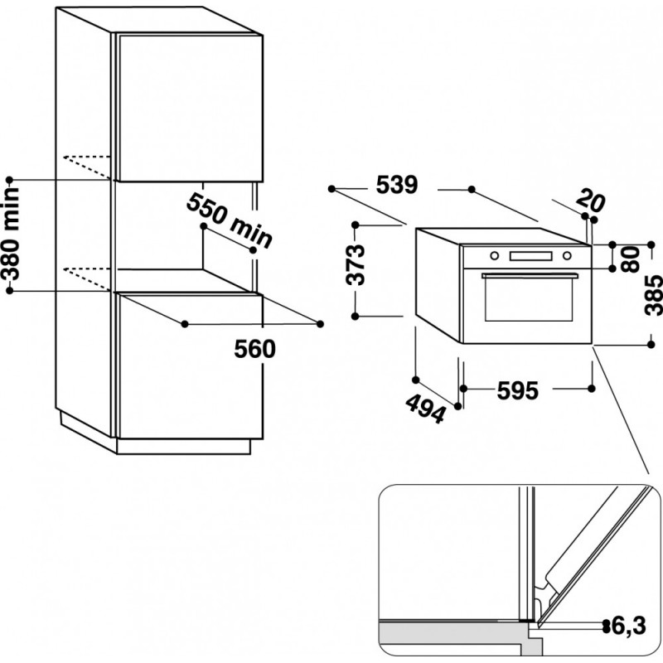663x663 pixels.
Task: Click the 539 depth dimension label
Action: [397, 185]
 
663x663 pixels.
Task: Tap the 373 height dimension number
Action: [356, 264]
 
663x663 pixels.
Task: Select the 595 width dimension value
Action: [517, 390]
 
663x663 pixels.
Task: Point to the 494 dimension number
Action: [426, 409]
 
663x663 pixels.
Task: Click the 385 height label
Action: [653, 295]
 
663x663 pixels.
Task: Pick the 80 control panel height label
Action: [631, 259]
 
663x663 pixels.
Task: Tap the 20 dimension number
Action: [591, 201]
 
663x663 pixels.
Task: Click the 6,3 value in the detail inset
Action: [629, 626]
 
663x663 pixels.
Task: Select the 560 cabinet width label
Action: [255, 349]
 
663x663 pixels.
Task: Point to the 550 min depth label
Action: [230, 220]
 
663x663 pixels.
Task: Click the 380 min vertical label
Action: [11, 235]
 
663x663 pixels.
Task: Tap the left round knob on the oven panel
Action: [494, 256]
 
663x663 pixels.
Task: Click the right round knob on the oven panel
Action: [567, 256]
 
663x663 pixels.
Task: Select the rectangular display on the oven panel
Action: [530, 256]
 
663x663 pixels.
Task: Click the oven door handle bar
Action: [530, 276]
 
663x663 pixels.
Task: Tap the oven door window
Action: [529, 299]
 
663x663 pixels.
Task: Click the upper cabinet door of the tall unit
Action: [190, 109]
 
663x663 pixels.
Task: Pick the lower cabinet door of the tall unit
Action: [190, 366]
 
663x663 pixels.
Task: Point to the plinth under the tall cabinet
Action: [183, 447]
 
